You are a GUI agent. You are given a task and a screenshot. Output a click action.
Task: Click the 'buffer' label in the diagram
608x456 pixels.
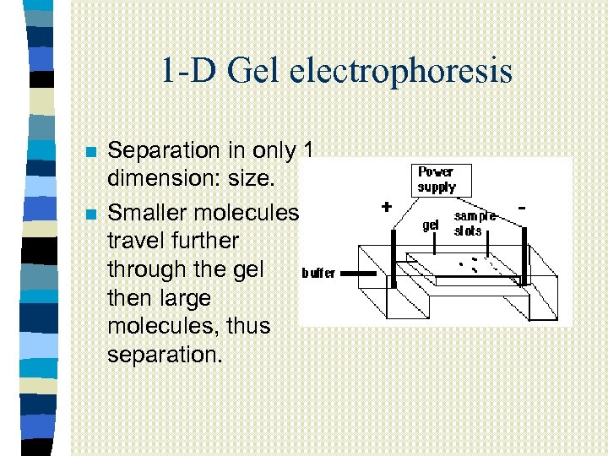pos(318,273)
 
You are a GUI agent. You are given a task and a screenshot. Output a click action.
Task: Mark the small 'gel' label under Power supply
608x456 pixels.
pos(431,225)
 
